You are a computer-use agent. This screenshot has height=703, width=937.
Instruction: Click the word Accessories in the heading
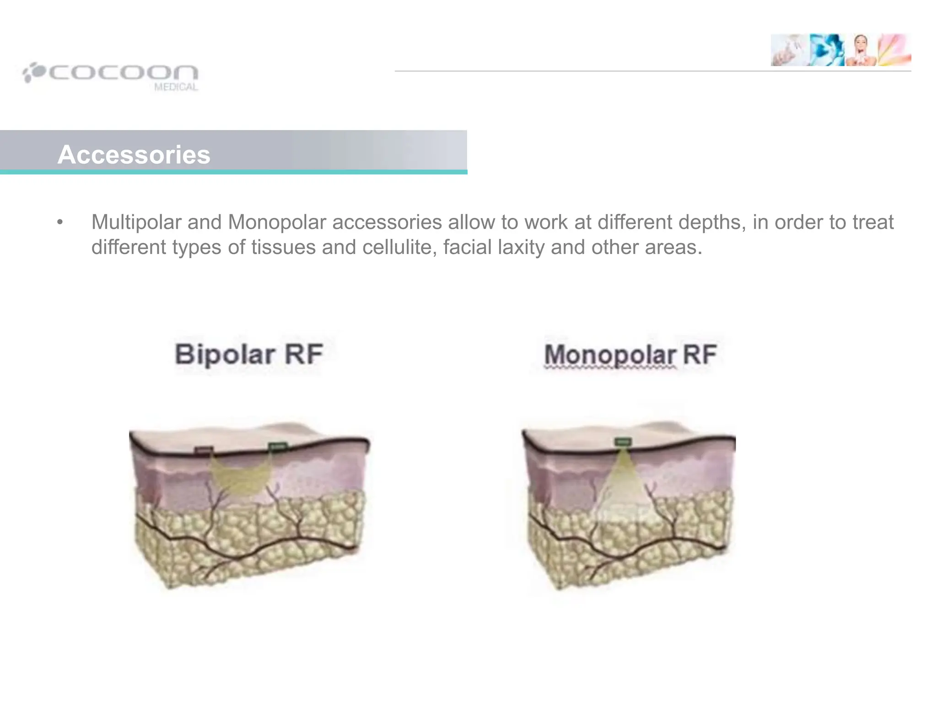tap(134, 155)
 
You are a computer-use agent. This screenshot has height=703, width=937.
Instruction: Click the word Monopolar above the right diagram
tap(610, 355)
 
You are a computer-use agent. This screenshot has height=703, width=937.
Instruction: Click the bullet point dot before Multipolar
tap(60, 223)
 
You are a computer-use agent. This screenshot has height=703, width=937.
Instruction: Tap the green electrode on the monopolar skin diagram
tap(623, 442)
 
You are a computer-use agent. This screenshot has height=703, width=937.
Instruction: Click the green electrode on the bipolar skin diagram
tap(277, 446)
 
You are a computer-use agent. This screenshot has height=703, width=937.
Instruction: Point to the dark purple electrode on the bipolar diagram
tap(204, 450)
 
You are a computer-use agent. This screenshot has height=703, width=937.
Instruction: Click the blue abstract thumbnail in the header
tap(826, 50)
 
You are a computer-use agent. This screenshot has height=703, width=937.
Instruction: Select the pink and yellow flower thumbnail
tap(894, 50)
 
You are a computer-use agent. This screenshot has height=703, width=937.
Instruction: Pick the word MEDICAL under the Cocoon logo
tap(176, 87)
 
